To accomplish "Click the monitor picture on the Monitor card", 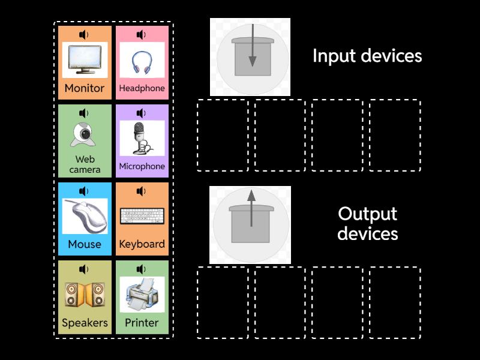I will (85, 59).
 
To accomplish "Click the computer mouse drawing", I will (85, 216).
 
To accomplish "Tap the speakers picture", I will (85, 295).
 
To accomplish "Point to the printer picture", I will (142, 294).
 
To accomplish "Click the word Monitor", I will (85, 88).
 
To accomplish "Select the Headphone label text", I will (142, 88).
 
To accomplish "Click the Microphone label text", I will (142, 166).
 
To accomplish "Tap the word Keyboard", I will (142, 244).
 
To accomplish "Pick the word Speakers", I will (85, 322).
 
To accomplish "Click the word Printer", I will (142, 322).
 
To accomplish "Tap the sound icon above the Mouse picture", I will (84, 191).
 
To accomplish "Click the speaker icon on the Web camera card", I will (84, 113).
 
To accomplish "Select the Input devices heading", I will (367, 56).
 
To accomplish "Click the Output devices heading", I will (367, 223).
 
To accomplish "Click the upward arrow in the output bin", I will (251, 207).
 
